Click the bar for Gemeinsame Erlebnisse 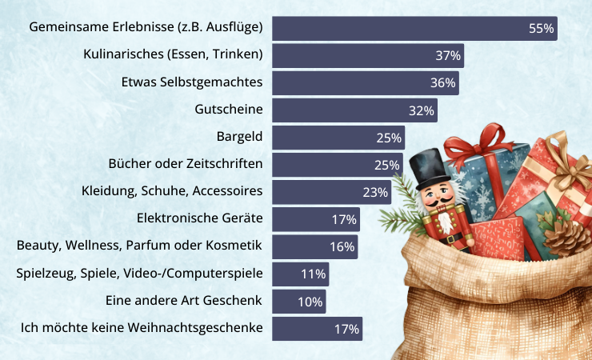tap(400, 28)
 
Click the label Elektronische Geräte tap(200, 218)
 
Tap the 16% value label tap(342, 246)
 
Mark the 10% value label tap(310, 302)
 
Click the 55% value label tap(541, 28)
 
